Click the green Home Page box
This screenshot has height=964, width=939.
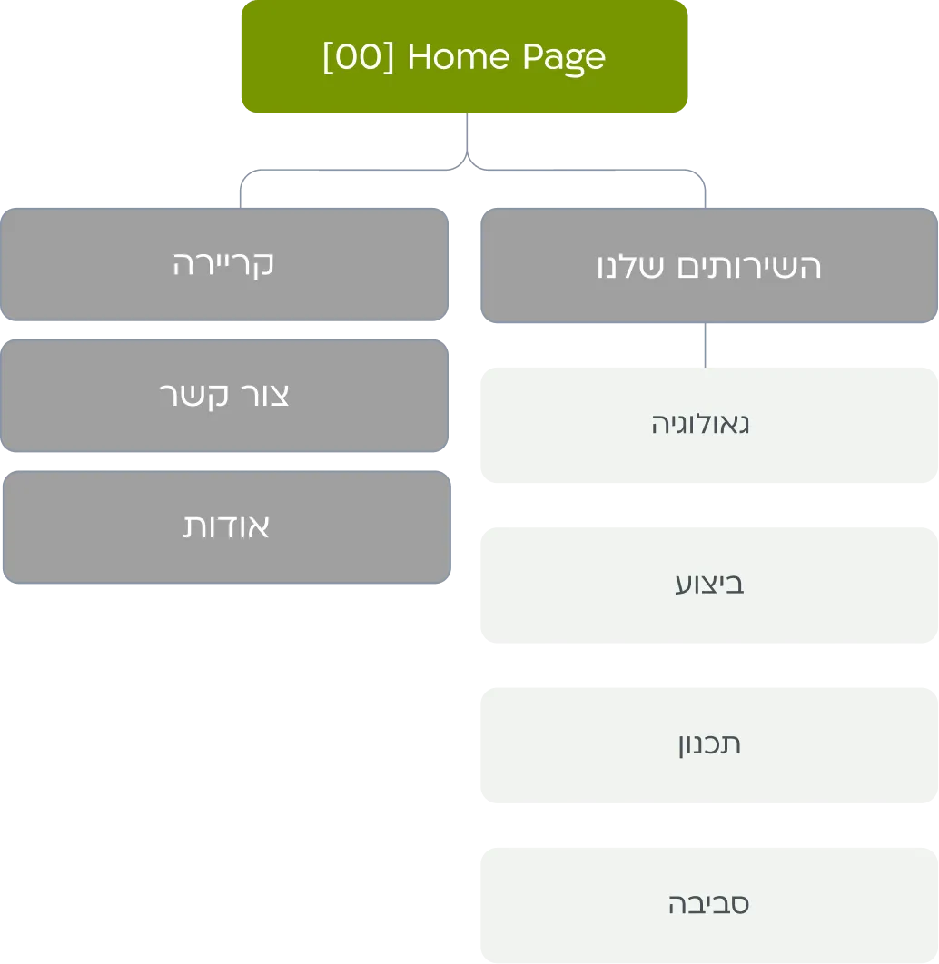[464, 56]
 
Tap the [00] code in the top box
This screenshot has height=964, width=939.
[358, 56]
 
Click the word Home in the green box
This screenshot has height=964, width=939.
[459, 56]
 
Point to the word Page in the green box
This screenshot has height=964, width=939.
[565, 58]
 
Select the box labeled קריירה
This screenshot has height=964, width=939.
[224, 264]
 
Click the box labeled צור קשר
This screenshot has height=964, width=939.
[224, 396]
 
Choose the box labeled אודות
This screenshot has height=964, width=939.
[227, 526]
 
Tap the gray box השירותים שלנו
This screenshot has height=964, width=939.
[709, 266]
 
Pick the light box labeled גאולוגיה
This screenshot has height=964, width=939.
[709, 425]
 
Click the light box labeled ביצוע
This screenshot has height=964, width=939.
[709, 585]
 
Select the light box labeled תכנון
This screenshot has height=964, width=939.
[709, 745]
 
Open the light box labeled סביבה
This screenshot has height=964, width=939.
[709, 905]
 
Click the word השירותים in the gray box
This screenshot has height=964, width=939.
[749, 267]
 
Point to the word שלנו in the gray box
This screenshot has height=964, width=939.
[631, 267]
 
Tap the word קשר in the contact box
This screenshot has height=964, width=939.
[193, 396]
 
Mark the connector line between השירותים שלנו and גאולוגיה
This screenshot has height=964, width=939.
[706, 345]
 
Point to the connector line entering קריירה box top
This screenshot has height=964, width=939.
[241, 192]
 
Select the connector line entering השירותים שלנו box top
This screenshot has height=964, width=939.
[706, 192]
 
